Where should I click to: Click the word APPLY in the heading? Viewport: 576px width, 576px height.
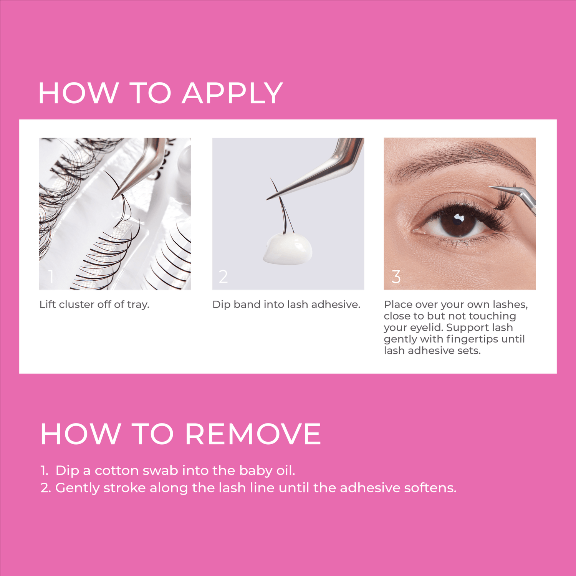(x=232, y=93)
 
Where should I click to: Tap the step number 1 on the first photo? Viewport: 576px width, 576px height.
(x=51, y=276)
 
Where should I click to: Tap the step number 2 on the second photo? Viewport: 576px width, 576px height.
(x=223, y=276)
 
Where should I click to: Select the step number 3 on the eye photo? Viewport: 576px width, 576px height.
(x=396, y=276)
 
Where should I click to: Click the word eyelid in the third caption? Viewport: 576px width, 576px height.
(x=426, y=328)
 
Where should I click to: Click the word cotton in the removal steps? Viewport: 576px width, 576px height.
(x=117, y=471)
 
